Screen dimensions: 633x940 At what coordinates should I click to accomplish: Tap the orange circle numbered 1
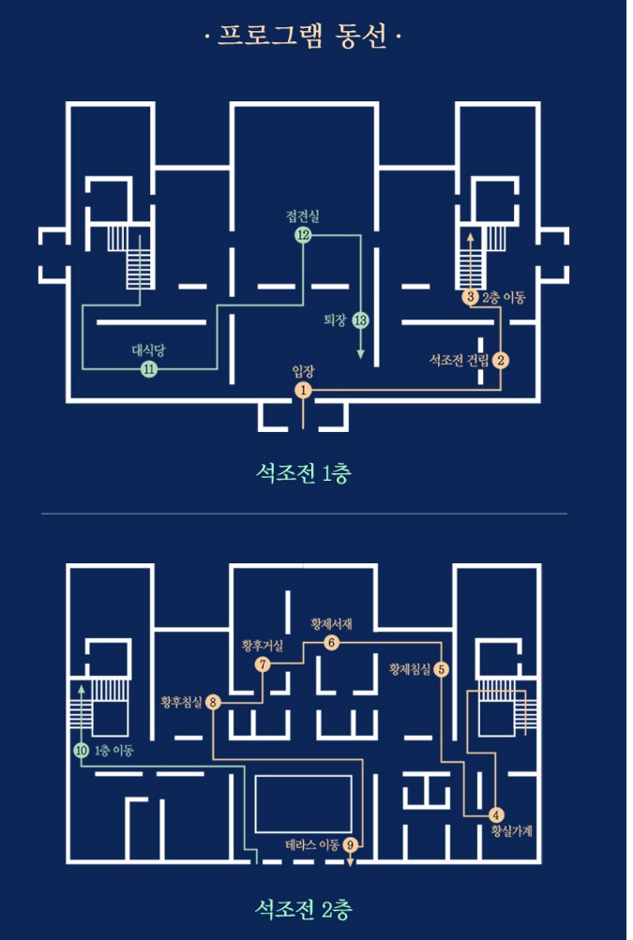(303, 390)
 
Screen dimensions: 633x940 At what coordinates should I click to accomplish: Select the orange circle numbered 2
(501, 360)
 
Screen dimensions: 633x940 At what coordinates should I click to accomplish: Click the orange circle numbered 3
(471, 297)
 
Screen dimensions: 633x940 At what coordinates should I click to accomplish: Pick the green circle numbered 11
(149, 369)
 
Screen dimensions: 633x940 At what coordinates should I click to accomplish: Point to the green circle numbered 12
(303, 235)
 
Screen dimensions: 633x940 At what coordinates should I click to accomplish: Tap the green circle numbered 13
(360, 321)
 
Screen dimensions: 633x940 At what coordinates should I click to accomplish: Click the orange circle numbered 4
(495, 814)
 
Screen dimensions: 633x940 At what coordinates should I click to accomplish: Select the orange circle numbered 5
(441, 669)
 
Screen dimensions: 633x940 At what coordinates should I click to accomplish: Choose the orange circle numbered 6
(331, 643)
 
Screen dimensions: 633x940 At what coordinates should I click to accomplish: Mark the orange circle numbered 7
(263, 664)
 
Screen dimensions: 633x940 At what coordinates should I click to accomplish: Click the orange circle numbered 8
(213, 702)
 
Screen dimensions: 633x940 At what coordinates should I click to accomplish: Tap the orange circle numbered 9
(350, 844)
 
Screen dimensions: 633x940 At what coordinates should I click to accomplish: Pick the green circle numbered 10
(81, 750)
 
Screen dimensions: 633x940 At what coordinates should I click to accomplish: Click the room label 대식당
(148, 351)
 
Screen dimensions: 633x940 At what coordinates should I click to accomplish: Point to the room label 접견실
(302, 216)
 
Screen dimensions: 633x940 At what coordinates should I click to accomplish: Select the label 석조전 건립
(459, 360)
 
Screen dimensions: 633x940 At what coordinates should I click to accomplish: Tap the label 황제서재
(331, 624)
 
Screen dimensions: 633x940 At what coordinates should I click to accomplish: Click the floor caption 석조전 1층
(303, 473)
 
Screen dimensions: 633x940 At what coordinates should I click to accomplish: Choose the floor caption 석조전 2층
(303, 909)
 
